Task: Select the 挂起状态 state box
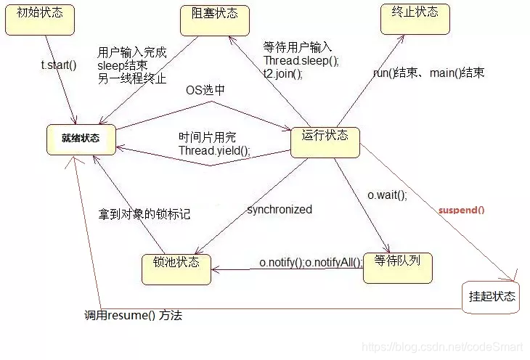[x=492, y=296]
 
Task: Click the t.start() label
[x=58, y=65]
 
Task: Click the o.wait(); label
[x=386, y=195]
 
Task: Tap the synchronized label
[x=279, y=210]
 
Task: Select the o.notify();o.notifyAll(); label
[x=311, y=262]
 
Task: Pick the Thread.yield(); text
[x=214, y=151]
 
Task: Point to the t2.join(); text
[x=282, y=73]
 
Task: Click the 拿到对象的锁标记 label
[x=144, y=215]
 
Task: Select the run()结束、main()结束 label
[x=428, y=73]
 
